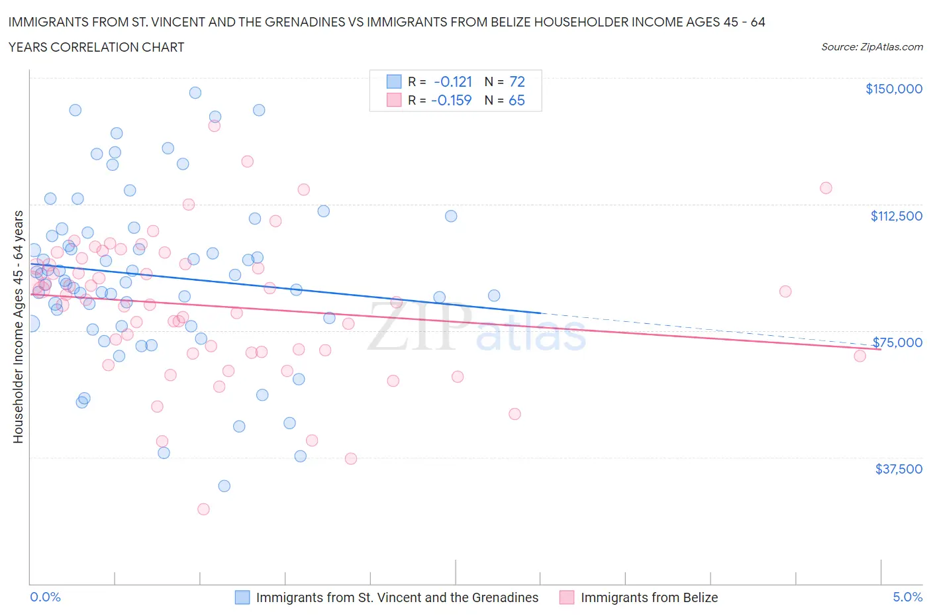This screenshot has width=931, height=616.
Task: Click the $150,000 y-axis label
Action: pos(893,89)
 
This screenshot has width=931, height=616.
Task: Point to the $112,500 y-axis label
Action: pos(896,216)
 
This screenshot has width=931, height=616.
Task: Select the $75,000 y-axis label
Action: pos(897,342)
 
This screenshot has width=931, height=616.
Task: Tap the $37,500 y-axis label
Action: pos(899,469)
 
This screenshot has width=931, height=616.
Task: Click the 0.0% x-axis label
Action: pos(45,597)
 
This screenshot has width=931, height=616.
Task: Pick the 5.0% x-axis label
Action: pos(907,597)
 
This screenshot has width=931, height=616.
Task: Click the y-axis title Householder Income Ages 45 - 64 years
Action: pos(18,327)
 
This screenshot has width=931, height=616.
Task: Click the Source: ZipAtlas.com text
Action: pos(871,46)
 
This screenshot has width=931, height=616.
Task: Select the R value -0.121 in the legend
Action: pos(453,81)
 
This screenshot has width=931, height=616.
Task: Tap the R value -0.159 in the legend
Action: pos(451,100)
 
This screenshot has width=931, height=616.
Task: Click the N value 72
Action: pos(516,81)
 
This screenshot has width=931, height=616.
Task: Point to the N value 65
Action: pos(516,100)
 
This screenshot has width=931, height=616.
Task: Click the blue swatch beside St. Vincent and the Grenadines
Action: pos(242,597)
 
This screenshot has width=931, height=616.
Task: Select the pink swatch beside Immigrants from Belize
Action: pos(567,597)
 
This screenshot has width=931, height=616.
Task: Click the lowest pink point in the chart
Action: pos(203,509)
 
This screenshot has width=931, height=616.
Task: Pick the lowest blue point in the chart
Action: pos(224,486)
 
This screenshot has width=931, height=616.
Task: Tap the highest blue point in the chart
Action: pos(195,93)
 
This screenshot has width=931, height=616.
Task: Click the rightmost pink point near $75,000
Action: pos(859,356)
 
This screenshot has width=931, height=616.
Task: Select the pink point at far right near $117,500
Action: pos(826,187)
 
